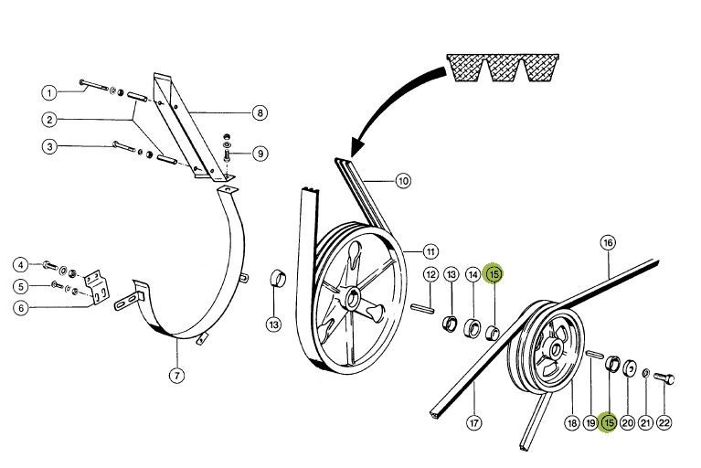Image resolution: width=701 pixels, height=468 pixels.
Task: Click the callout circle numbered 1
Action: pyautogui.click(x=49, y=92)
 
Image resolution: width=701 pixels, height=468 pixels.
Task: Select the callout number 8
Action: pyautogui.click(x=260, y=113)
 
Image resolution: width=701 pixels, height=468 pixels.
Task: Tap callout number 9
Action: pyautogui.click(x=260, y=153)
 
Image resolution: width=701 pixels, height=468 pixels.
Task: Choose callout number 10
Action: pyautogui.click(x=403, y=180)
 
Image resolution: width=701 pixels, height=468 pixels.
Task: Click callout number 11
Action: pyautogui.click(x=430, y=250)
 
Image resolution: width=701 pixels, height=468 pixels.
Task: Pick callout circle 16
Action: pyautogui.click(x=608, y=242)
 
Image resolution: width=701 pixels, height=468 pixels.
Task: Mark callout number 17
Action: pyautogui.click(x=474, y=422)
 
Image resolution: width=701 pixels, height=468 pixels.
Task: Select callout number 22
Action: pyautogui.click(x=664, y=422)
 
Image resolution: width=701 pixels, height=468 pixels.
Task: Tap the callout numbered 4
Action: pyautogui.click(x=20, y=265)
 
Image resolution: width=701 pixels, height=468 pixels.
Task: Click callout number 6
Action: pyautogui.click(x=20, y=308)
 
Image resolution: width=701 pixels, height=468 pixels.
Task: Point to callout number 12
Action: pyautogui.click(x=430, y=274)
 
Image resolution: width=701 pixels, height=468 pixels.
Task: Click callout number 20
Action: pyautogui.click(x=627, y=422)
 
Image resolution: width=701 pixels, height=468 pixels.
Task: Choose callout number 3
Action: pyautogui.click(x=49, y=146)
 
